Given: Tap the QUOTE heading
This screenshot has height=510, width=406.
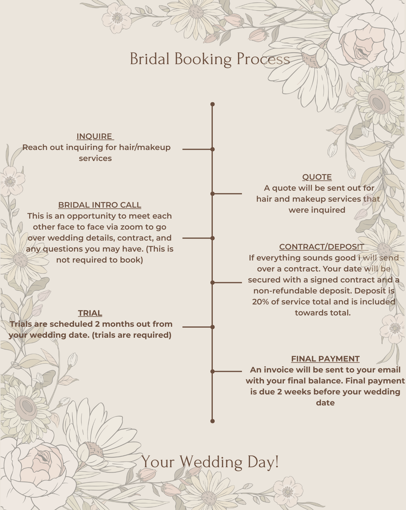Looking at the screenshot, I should pos(317,177).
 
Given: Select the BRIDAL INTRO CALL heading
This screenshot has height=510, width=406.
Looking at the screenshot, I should pos(100,205).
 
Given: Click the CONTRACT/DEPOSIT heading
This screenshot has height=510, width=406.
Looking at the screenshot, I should pos(322,247).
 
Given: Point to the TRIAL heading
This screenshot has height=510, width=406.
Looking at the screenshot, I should pos(90,313).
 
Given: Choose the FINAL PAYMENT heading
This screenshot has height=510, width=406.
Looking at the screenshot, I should pos(325,359).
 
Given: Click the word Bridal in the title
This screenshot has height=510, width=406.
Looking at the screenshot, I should pos(150,59).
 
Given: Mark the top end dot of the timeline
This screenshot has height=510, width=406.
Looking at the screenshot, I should pos(213,104).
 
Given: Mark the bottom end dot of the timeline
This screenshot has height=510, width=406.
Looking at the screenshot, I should pos(213,421).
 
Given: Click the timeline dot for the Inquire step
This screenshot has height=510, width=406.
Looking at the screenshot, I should pos(213,149).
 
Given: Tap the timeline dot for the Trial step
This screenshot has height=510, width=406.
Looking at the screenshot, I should pos(213,327).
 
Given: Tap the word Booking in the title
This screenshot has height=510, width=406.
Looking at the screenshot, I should pos(203,59).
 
